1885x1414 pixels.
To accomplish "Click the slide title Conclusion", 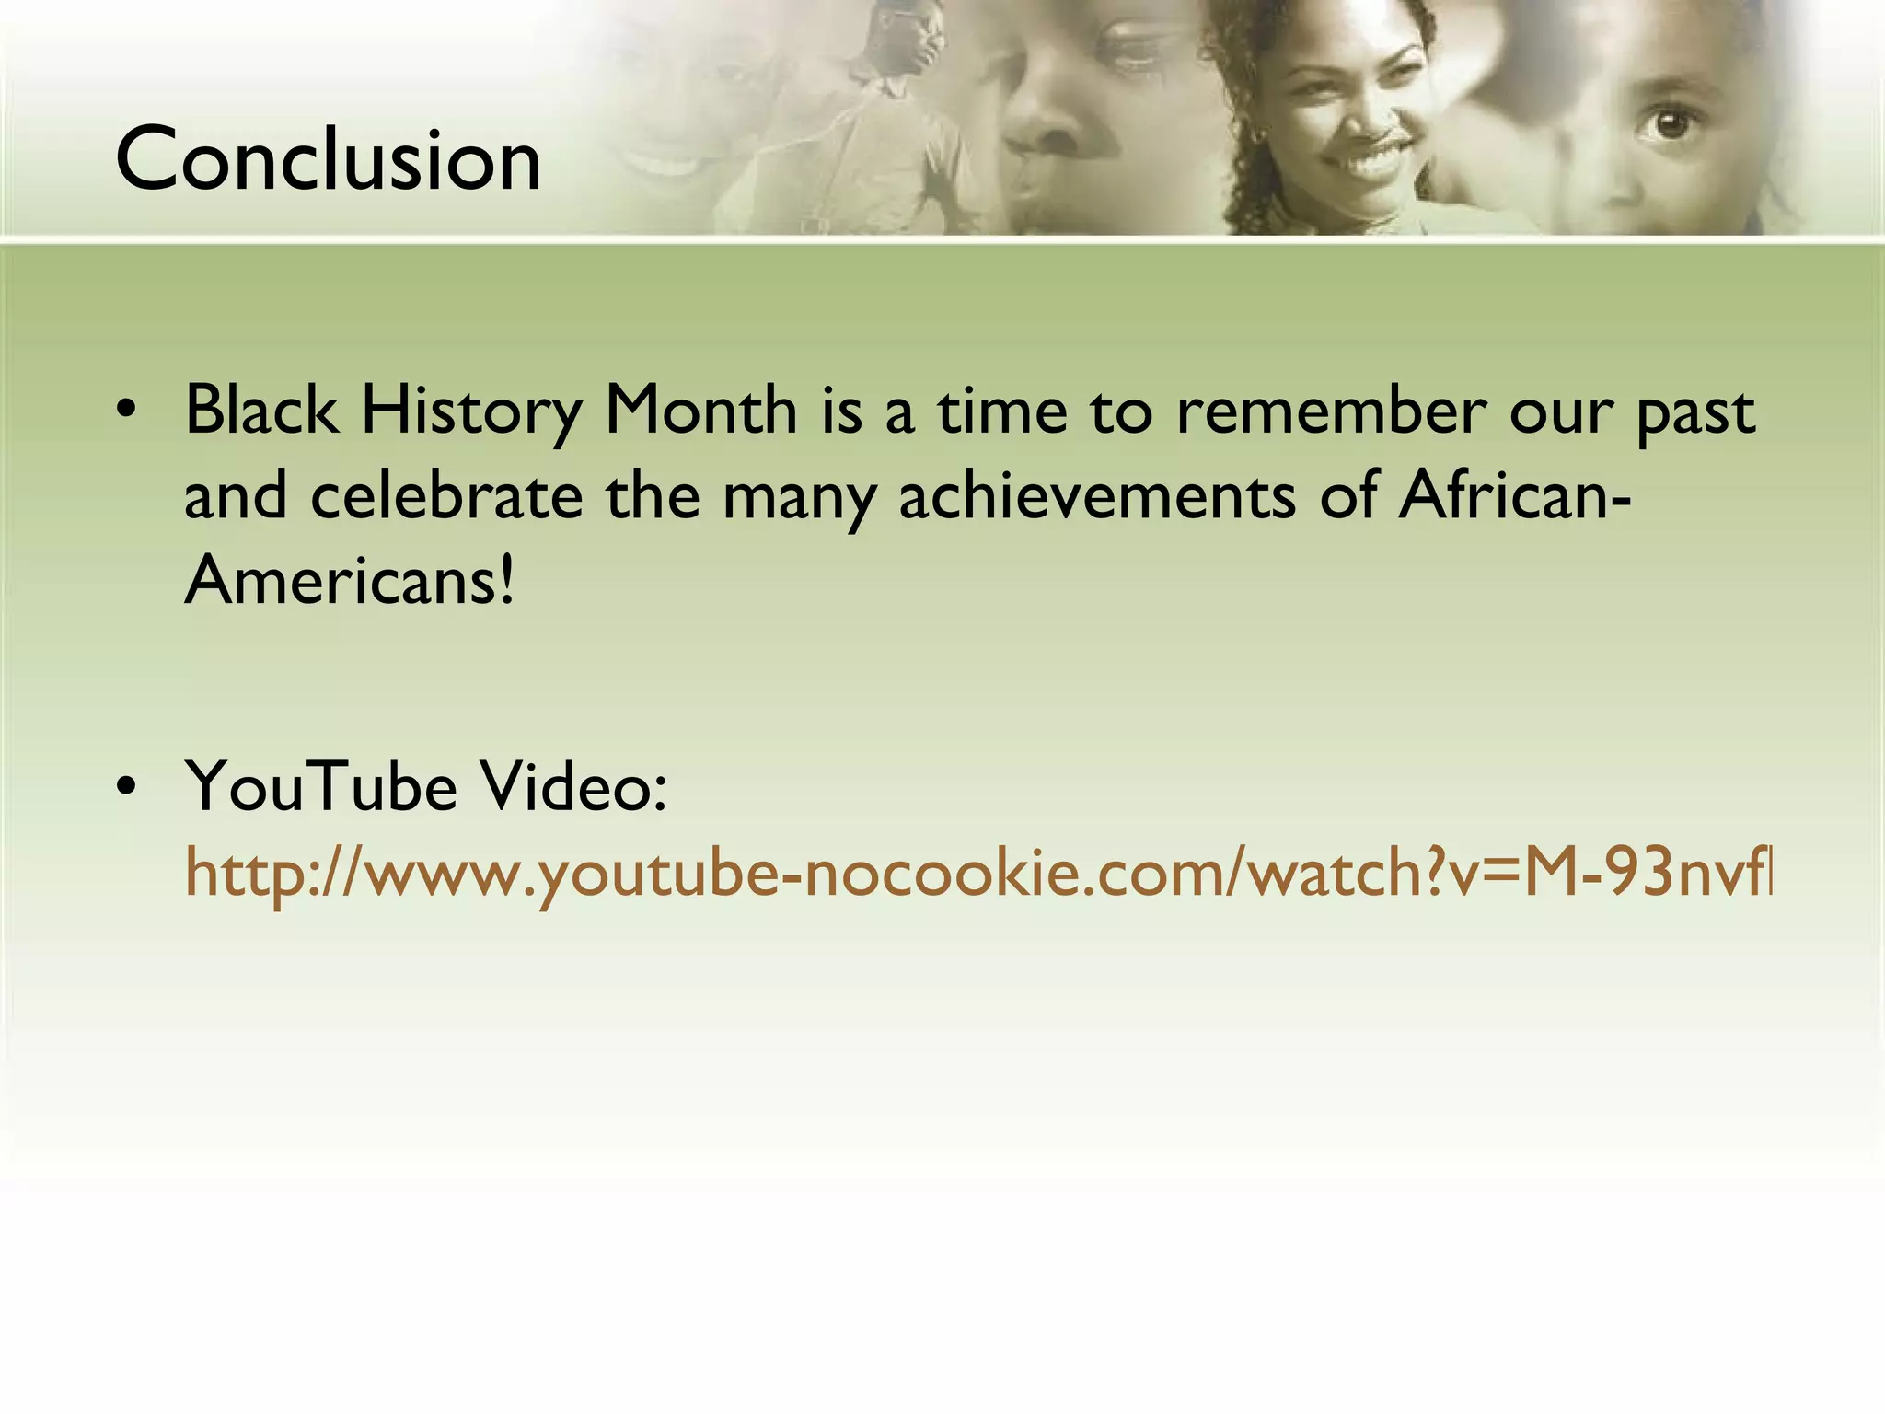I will pyautogui.click(x=329, y=160).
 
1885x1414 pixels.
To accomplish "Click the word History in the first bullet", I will pyautogui.click(x=471, y=411).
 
